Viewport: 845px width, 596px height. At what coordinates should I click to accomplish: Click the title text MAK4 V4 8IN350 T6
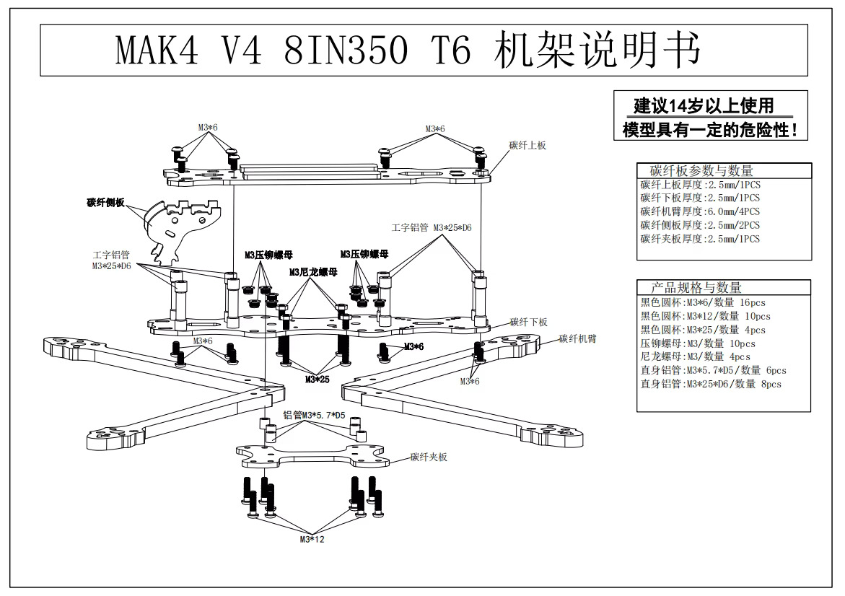(293, 50)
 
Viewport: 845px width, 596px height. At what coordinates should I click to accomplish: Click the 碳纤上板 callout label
(527, 146)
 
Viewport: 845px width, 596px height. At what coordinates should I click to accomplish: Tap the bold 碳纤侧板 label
(105, 203)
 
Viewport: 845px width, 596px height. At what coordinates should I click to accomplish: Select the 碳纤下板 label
(529, 323)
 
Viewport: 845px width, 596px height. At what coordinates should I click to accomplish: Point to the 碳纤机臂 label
(578, 339)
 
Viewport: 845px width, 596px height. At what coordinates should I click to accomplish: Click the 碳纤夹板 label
(429, 457)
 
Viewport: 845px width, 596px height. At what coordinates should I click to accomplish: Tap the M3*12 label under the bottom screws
(312, 539)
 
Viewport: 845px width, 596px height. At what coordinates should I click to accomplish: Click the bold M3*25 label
(317, 380)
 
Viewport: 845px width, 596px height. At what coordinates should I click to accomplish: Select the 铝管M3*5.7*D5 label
(314, 416)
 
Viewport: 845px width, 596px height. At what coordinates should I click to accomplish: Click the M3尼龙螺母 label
(313, 272)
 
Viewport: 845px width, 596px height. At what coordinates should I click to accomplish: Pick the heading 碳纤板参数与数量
(701, 171)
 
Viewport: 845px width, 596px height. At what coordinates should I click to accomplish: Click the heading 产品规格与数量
(696, 288)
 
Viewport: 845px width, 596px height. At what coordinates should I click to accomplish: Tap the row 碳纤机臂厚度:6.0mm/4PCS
(700, 212)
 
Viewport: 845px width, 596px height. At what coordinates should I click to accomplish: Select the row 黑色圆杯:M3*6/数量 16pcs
(703, 303)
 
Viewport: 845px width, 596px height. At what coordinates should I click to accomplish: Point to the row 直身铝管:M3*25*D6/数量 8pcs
(711, 384)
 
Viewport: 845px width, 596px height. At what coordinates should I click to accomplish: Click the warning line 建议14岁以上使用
(704, 106)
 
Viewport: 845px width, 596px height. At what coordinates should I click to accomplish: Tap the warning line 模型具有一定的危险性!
(710, 130)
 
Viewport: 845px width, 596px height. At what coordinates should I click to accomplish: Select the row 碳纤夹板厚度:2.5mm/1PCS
(700, 239)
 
